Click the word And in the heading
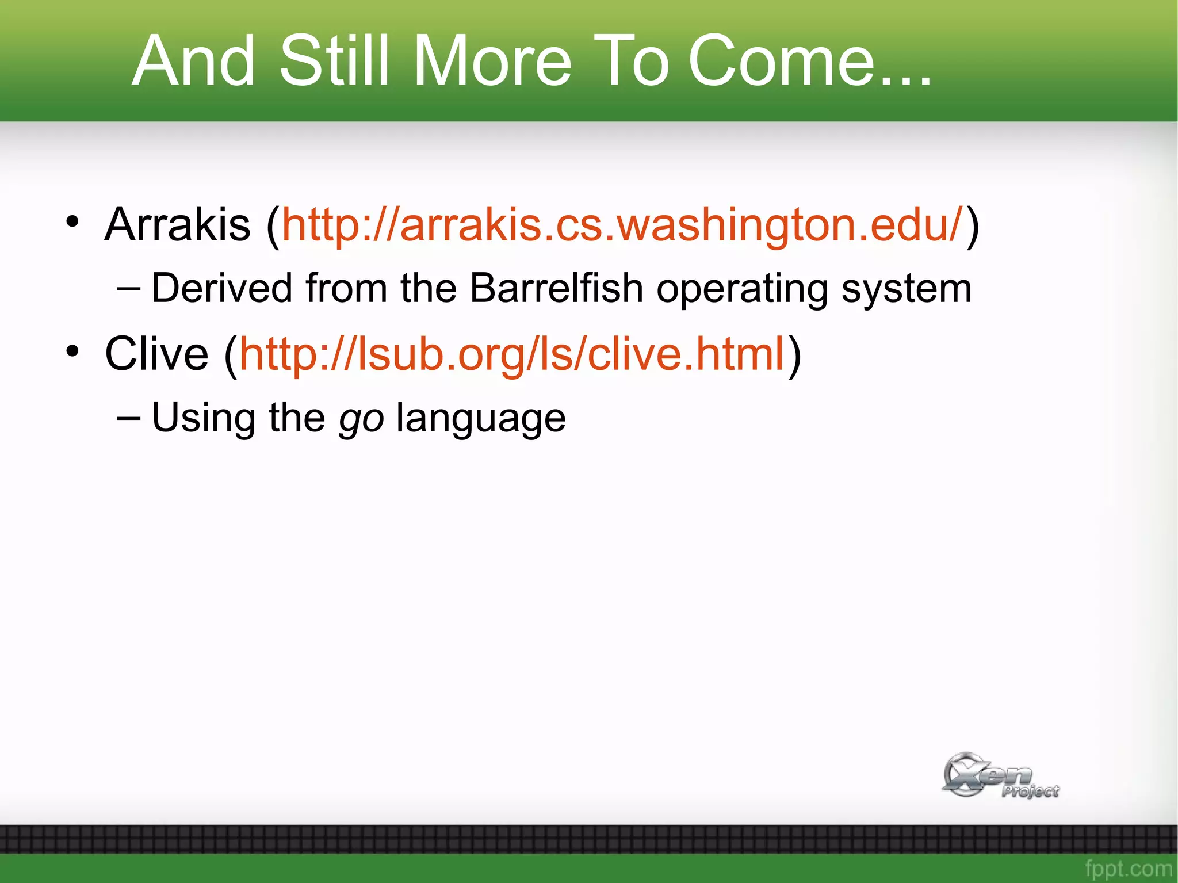click(x=193, y=62)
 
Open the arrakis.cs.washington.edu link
click(x=622, y=224)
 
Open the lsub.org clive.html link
click(x=512, y=354)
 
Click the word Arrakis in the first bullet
click(x=178, y=224)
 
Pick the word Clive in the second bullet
click(x=156, y=354)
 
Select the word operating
click(x=742, y=289)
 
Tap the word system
click(x=907, y=289)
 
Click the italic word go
click(x=361, y=419)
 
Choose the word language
click(x=481, y=419)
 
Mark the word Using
click(x=204, y=418)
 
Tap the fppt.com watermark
click(x=1128, y=869)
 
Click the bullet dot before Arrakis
click(x=72, y=221)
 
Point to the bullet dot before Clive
click(x=72, y=350)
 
